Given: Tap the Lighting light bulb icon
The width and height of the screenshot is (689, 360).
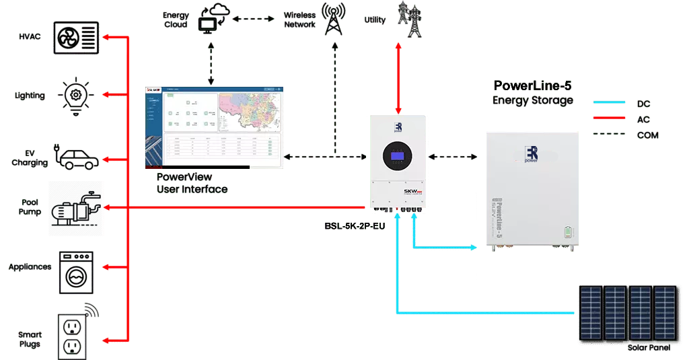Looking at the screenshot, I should click(79, 94).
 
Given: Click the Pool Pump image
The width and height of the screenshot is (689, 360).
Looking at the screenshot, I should click(76, 209).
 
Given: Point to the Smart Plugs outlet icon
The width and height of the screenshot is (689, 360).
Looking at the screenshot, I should click(76, 334).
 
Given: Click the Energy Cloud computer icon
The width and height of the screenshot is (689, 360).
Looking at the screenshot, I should click(211, 20).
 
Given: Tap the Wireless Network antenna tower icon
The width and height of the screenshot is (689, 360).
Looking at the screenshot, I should click(332, 18).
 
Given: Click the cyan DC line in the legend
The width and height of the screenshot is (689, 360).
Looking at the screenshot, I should click(610, 103).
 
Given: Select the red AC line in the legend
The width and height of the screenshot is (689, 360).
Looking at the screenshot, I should click(610, 119).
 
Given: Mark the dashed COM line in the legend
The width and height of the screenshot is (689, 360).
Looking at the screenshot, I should click(610, 135).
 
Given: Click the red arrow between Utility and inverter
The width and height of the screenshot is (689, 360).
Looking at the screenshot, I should click(399, 77).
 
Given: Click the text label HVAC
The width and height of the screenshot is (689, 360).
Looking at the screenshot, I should click(30, 36).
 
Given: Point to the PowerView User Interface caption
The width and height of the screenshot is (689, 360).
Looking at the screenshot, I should click(191, 183).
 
